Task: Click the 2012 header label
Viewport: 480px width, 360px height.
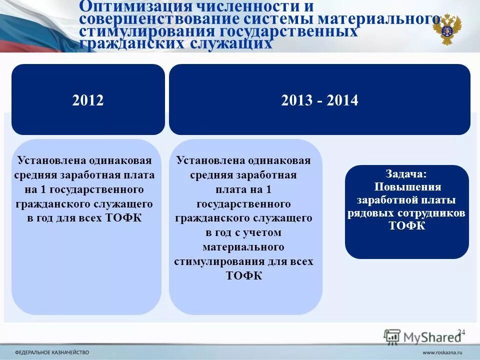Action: point(88,100)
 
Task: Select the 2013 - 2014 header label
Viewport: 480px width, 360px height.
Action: point(319,100)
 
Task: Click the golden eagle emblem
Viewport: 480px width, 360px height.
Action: point(447,29)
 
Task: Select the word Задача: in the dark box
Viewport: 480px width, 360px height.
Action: point(406,174)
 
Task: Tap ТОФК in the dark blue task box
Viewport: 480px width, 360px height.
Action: point(407,226)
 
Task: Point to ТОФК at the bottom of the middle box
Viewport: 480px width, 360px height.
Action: point(244,276)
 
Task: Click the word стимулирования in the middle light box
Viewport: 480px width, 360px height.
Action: point(216,261)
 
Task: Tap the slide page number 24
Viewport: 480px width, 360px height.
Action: point(461,332)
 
